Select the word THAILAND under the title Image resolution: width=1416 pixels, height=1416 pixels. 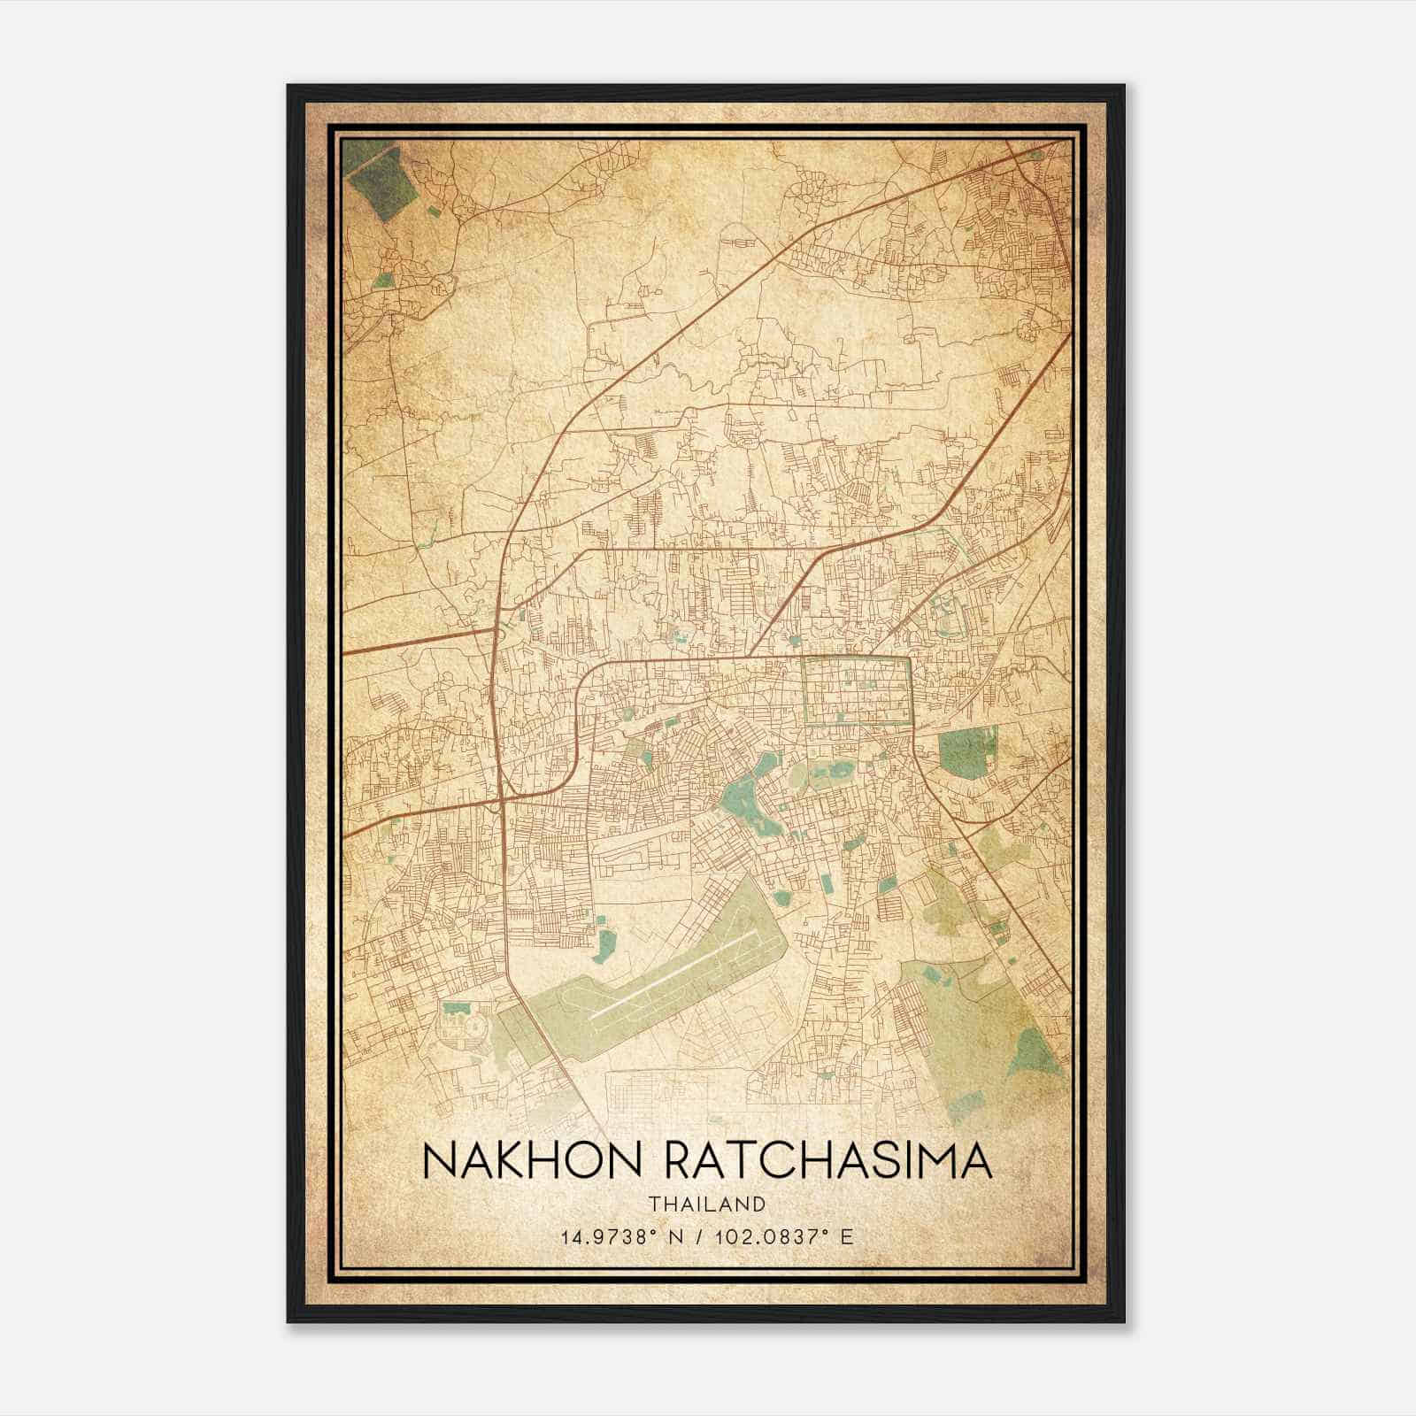706,1204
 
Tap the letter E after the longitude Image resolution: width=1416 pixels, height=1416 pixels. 847,1237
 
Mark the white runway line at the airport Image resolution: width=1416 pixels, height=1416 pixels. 681,970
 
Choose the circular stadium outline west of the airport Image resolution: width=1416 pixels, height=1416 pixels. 476,1026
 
